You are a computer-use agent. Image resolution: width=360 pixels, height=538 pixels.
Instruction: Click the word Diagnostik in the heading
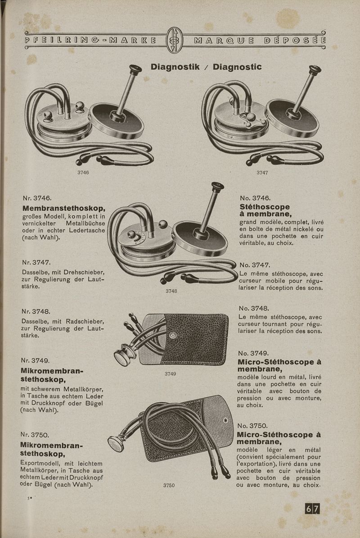tap(175, 67)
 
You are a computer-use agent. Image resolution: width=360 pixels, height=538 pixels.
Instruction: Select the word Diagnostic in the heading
tap(237, 67)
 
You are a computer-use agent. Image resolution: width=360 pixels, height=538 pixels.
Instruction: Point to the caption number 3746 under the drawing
tap(83, 172)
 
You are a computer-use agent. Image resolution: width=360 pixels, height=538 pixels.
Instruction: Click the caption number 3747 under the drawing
tap(262, 172)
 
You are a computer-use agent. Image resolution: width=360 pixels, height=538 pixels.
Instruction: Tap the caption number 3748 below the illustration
tap(171, 291)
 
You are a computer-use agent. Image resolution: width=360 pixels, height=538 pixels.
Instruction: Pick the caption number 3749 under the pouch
tap(170, 374)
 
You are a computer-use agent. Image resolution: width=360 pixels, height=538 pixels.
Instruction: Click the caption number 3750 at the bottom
tap(169, 485)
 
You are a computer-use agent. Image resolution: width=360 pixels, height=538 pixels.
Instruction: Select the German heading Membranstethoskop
tap(64, 208)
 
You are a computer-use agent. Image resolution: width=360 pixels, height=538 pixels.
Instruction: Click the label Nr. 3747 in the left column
tap(36, 262)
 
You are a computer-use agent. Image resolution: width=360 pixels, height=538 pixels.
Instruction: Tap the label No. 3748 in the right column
tap(254, 308)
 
